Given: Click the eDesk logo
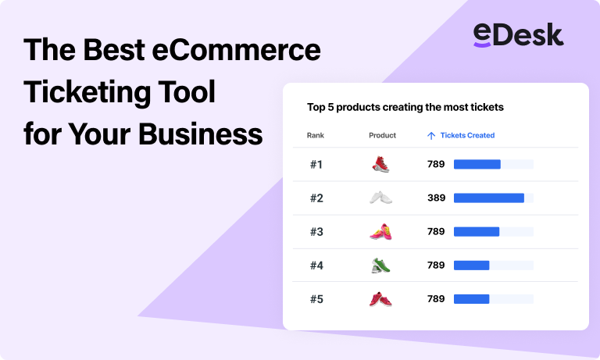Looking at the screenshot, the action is [x=518, y=35].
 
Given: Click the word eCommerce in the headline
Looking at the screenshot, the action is [x=237, y=50].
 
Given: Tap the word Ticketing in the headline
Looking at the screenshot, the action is [x=87, y=93].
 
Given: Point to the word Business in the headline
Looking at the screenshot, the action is [x=200, y=134].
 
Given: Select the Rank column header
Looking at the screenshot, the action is [x=316, y=135].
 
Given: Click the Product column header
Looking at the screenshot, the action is [x=382, y=135].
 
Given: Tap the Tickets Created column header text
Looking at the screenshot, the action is [x=467, y=135].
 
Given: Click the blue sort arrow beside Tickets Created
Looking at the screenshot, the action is [x=431, y=136].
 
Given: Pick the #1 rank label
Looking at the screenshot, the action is [x=316, y=165].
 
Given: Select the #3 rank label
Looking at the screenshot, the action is [x=316, y=232].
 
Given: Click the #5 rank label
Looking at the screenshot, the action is [x=316, y=299].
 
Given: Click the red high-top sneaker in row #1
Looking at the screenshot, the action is [x=380, y=164].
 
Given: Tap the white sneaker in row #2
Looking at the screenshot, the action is [x=380, y=198].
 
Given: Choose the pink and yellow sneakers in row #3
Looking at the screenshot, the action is [x=380, y=231].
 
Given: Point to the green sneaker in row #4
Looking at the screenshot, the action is [x=380, y=266].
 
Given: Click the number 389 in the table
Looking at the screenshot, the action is [x=436, y=198].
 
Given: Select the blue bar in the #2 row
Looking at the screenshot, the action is [x=489, y=198].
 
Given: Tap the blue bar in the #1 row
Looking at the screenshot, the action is [x=477, y=164].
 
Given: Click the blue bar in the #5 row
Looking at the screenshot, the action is [x=471, y=299].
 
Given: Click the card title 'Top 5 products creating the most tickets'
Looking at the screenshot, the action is [x=405, y=107].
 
